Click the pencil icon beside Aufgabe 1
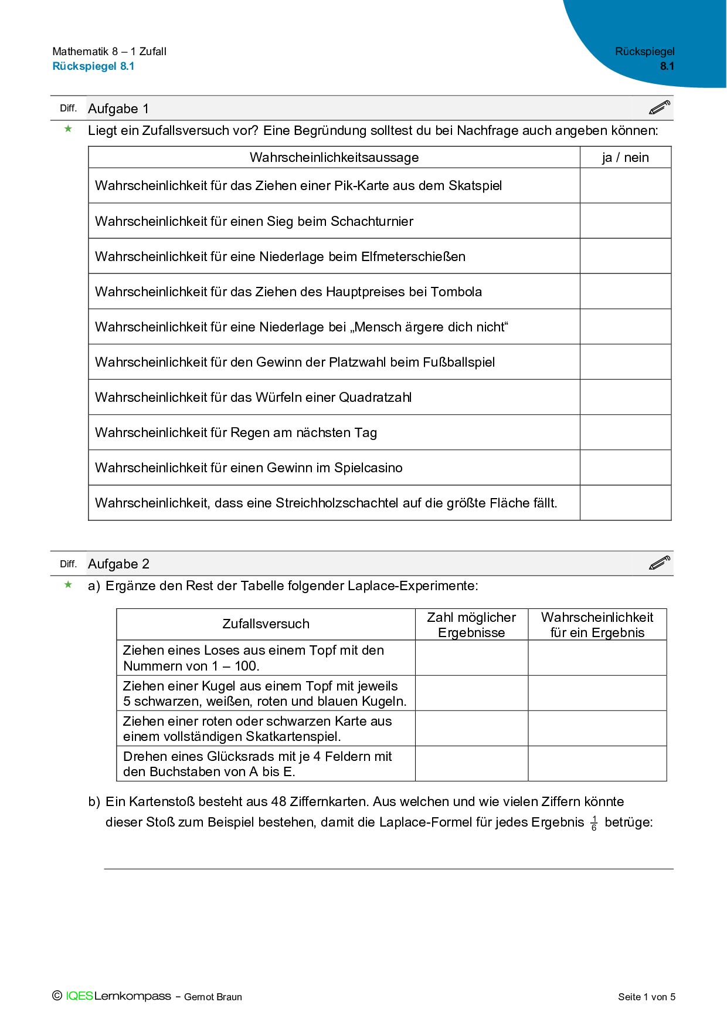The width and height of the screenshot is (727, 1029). click(660, 108)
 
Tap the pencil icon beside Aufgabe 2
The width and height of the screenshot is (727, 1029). click(660, 563)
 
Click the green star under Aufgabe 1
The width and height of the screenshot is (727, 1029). click(69, 129)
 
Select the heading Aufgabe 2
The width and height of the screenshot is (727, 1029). click(118, 564)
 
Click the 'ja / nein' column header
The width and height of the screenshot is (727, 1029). click(625, 157)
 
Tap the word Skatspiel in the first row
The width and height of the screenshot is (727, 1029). click(475, 186)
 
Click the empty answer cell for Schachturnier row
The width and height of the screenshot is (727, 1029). click(625, 221)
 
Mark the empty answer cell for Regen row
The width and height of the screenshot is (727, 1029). click(625, 432)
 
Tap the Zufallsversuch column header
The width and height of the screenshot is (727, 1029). click(266, 624)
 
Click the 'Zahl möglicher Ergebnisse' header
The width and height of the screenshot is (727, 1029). click(471, 625)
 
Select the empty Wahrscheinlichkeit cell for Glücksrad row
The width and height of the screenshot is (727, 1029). click(597, 764)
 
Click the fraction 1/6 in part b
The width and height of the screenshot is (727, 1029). click(594, 823)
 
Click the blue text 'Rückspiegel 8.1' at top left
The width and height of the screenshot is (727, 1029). click(93, 66)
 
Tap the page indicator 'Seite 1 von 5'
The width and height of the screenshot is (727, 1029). click(646, 997)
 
